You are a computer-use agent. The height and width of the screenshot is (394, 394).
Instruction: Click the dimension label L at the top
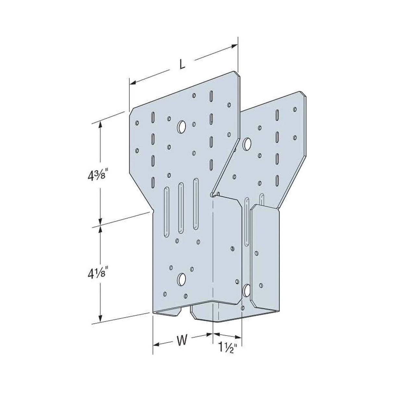182,65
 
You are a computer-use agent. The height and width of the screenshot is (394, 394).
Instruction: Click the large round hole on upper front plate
181,127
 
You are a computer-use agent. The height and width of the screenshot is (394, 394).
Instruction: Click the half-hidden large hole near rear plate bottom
247,290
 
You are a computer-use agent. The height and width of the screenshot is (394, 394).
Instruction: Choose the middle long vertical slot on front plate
180,208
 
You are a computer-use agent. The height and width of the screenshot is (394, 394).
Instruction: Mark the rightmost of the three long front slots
196,204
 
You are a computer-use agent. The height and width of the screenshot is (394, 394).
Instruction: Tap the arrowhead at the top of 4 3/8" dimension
101,124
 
